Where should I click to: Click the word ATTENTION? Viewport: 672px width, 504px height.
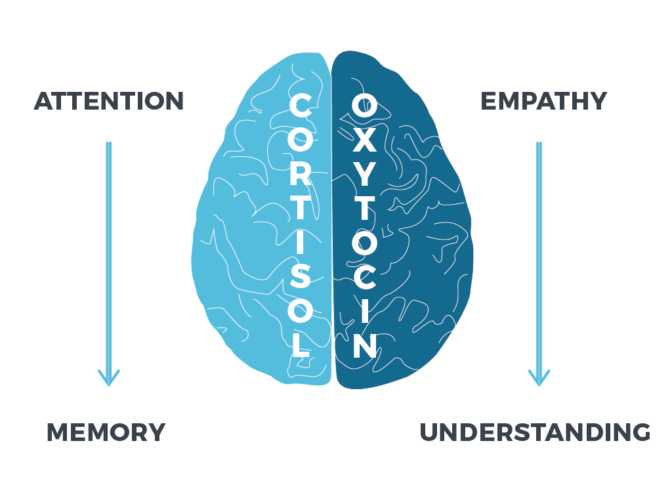point(109,101)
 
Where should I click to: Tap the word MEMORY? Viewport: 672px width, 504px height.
point(106,432)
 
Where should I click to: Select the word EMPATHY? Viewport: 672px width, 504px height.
point(544,101)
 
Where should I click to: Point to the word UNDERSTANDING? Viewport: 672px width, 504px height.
point(535,432)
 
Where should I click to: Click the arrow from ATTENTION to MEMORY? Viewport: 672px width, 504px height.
point(109,264)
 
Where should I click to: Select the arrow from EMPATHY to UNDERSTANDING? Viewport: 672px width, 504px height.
point(539,264)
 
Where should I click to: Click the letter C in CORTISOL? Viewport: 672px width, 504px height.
point(300,106)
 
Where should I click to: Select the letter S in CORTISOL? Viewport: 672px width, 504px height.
point(300,276)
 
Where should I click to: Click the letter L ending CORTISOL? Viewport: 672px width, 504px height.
point(301,345)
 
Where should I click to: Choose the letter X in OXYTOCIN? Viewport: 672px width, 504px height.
point(364,140)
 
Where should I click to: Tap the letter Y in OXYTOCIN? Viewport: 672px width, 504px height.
point(364,174)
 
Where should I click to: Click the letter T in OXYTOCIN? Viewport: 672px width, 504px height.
point(364,208)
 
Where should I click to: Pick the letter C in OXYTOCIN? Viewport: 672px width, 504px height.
point(364,276)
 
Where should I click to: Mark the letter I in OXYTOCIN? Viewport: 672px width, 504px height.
point(365,310)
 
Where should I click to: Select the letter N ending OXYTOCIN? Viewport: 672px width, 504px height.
point(365,345)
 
